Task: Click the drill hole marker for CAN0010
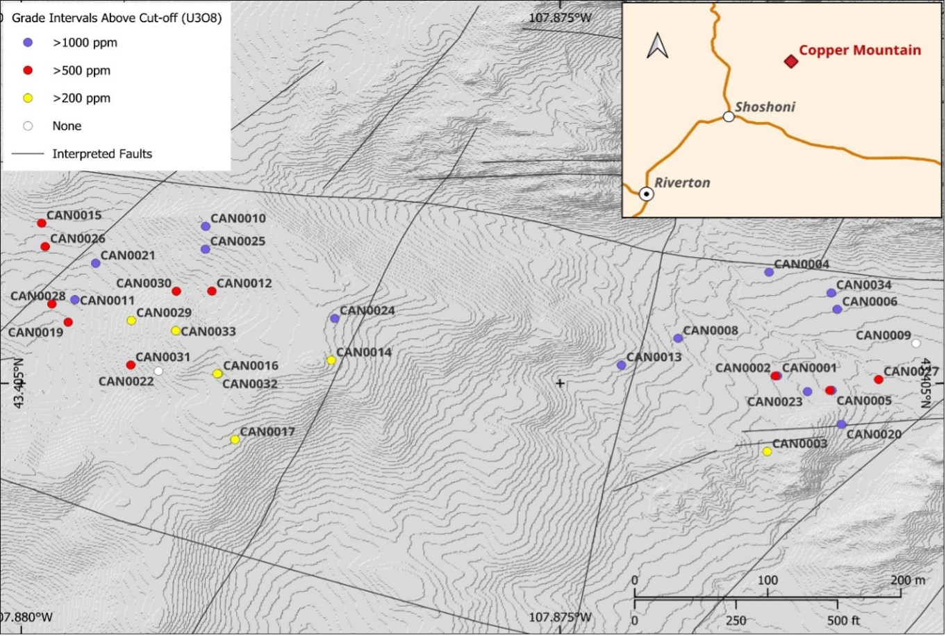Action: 206,226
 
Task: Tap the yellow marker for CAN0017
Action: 235,440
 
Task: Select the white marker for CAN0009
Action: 915,343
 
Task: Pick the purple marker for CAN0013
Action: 621,365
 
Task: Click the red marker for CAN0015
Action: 42,223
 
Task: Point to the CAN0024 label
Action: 367,310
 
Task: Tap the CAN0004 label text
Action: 802,264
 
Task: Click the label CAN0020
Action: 874,434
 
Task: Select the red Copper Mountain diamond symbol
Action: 790,62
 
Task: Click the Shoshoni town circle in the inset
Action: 728,117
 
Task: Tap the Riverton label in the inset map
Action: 682,183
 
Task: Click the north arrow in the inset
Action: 657,46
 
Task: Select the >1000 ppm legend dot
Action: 28,42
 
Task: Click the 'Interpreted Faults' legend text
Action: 102,153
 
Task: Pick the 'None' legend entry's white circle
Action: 28,126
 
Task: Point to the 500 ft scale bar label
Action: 845,620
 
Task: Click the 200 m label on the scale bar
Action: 908,580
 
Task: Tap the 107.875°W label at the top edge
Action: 560,17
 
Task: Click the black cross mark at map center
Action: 560,383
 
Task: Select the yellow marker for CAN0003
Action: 767,451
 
